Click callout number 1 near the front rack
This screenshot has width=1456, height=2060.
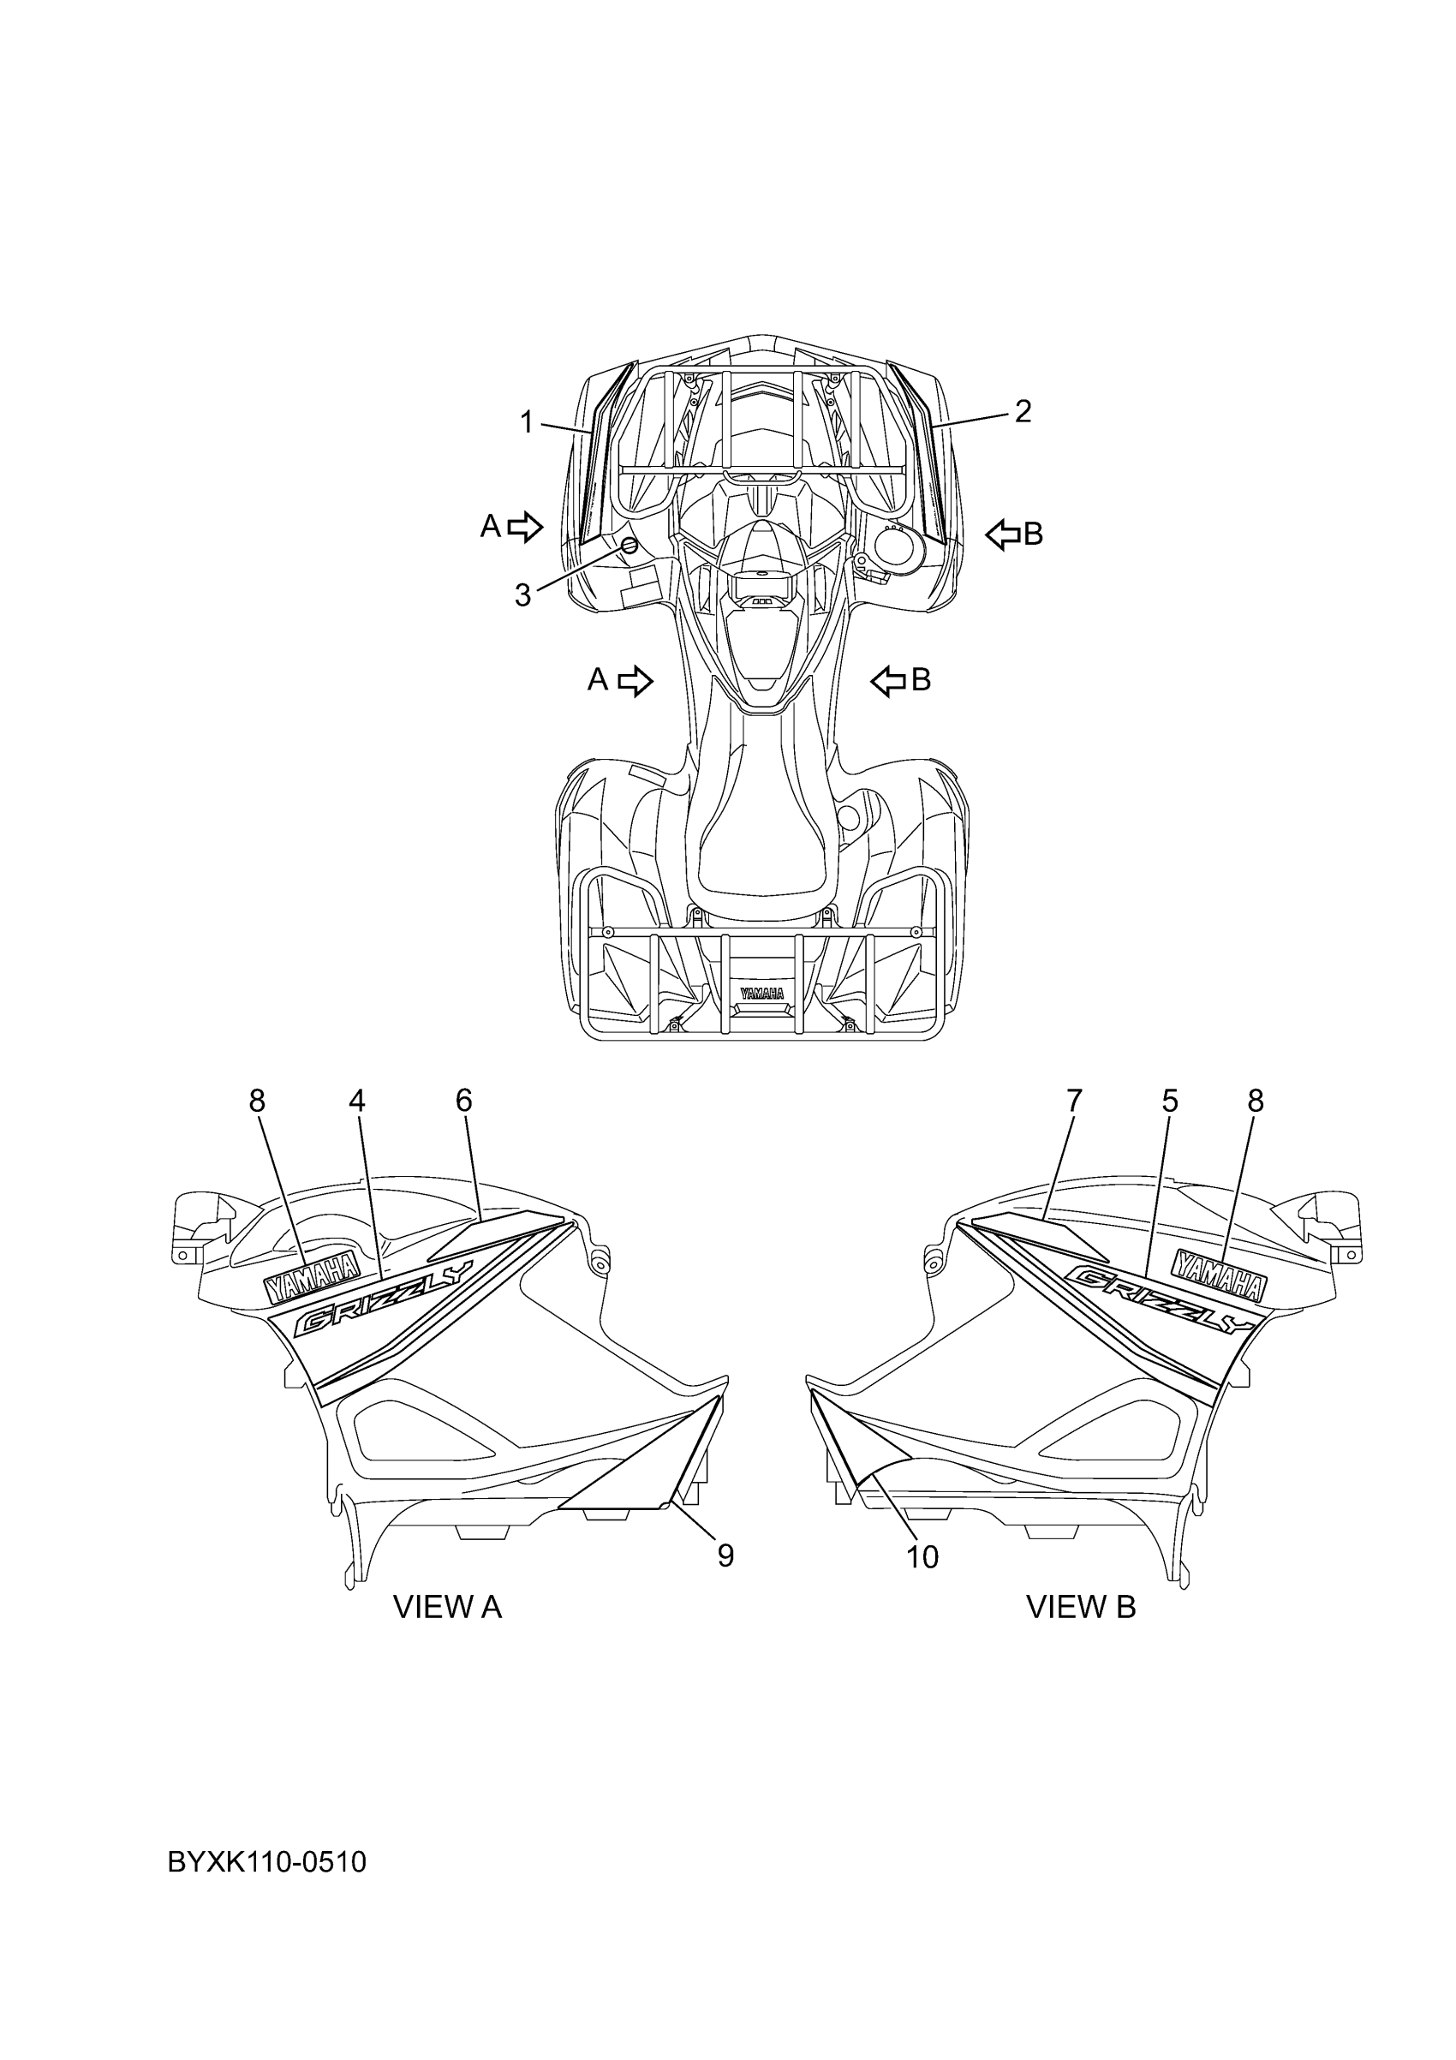coord(528,421)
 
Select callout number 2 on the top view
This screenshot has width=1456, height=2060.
coord(1023,412)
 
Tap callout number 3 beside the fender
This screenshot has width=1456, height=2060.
coord(523,594)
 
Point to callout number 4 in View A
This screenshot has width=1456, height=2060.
coord(357,1101)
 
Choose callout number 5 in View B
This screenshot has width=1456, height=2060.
coord(1170,1101)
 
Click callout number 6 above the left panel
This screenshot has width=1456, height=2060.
coord(464,1101)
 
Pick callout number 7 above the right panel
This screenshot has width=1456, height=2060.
coord(1075,1101)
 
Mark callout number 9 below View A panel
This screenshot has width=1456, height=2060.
coord(725,1555)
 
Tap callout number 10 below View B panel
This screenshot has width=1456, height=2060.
coord(922,1557)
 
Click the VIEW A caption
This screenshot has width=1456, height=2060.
coord(448,1607)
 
